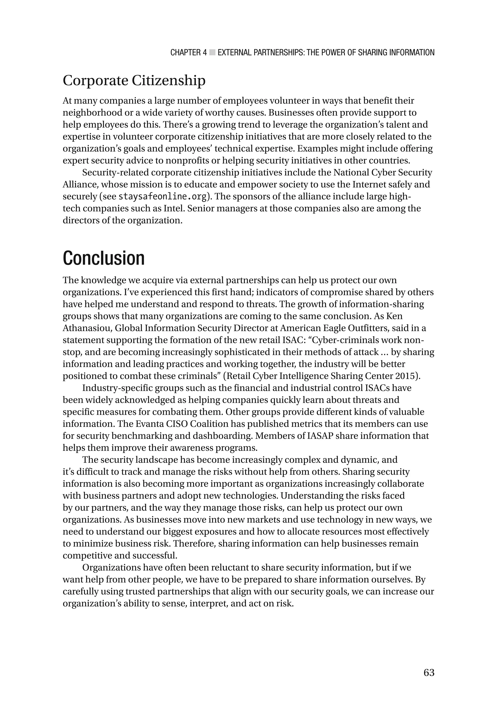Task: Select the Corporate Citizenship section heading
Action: pos(134,81)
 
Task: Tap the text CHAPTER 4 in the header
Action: pos(188,53)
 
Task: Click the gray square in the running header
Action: pos(212,53)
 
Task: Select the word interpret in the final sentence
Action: pos(208,603)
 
